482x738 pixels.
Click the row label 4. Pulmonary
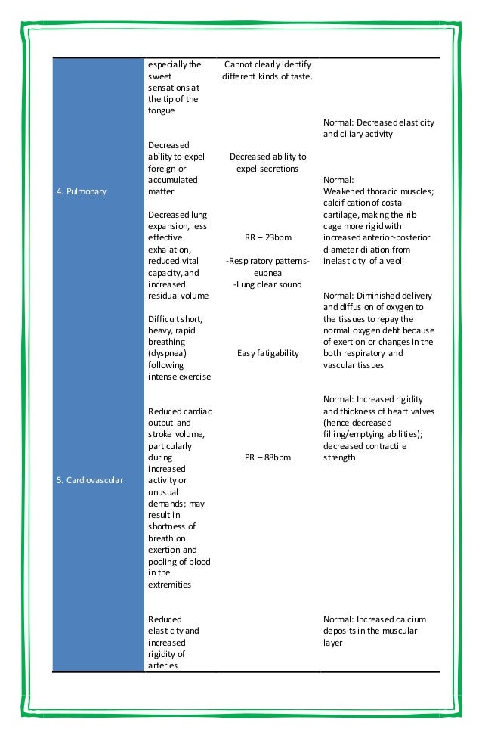(81, 191)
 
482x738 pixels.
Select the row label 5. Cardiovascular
(91, 480)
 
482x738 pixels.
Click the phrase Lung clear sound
(267, 284)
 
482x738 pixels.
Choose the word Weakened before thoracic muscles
(345, 192)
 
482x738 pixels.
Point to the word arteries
(165, 665)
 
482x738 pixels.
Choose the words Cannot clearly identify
(267, 64)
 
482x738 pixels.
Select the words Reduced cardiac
(180, 411)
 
